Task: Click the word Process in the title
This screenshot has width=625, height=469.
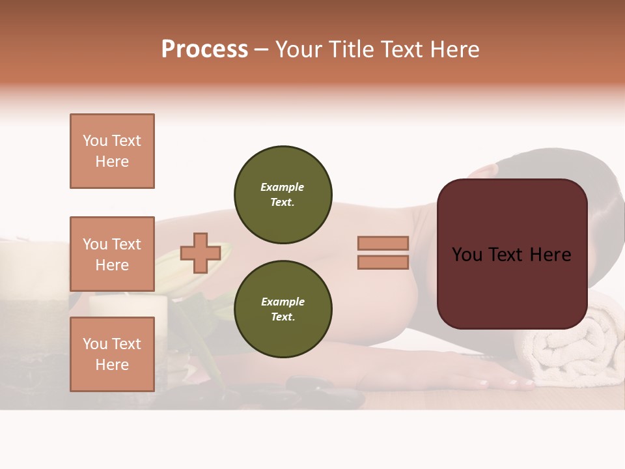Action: pos(204,50)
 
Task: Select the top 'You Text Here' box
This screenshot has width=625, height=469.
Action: pos(112,151)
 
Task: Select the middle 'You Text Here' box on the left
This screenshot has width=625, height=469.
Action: pos(112,254)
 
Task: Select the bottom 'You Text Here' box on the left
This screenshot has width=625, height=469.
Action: pos(112,354)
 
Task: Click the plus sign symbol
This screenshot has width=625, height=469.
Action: pos(201,253)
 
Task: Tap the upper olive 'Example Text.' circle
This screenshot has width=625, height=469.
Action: pos(283,195)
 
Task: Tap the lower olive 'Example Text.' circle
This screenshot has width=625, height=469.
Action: pos(283,309)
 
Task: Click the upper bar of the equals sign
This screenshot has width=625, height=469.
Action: pos(383,243)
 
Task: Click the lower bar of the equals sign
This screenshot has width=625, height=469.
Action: pos(383,263)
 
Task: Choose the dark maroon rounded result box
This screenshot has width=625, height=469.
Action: pos(512,254)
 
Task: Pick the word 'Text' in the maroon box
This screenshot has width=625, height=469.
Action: pos(511,254)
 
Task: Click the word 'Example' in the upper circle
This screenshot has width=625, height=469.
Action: pos(282,187)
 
